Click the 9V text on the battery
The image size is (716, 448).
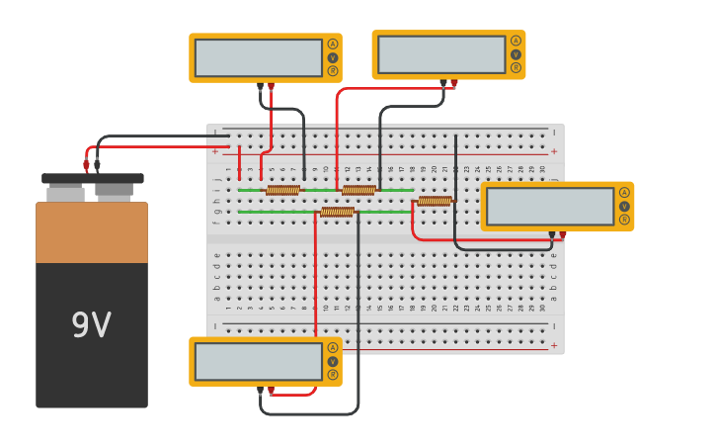[91, 325]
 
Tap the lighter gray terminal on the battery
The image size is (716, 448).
[65, 194]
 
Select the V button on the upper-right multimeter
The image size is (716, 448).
[516, 54]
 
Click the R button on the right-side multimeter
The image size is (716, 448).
[624, 220]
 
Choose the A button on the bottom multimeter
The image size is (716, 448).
[333, 347]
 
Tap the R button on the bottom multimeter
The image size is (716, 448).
[333, 375]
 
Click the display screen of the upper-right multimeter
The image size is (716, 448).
[441, 54]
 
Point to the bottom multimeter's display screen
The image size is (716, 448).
[259, 361]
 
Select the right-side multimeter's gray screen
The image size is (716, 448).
[550, 206]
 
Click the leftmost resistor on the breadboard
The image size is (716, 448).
[282, 190]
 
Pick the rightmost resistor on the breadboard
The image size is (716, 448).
[435, 201]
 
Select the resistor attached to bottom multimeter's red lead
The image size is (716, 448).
[337, 212]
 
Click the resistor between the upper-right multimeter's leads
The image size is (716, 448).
[358, 190]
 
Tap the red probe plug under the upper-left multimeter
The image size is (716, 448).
[271, 87]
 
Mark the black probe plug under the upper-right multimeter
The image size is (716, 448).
[443, 84]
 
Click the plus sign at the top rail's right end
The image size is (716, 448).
[554, 151]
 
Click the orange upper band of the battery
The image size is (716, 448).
[92, 233]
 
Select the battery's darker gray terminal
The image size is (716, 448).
[115, 190]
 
